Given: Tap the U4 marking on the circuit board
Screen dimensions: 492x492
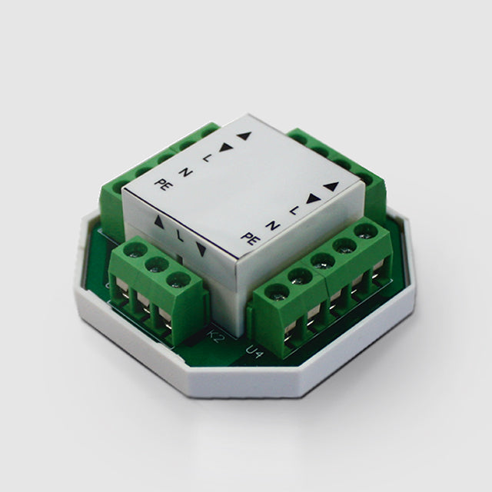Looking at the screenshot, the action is [x=253, y=352].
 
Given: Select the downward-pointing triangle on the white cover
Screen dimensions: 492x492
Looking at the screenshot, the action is [x=201, y=249].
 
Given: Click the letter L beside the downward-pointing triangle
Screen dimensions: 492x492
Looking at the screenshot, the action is [x=179, y=236].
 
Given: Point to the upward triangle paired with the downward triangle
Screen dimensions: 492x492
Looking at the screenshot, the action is [x=159, y=222].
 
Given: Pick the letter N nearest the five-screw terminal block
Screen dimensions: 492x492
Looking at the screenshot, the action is [x=273, y=225].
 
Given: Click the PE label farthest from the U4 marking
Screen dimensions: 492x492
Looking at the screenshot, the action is [x=164, y=184].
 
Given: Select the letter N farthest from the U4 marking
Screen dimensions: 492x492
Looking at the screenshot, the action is [x=186, y=172].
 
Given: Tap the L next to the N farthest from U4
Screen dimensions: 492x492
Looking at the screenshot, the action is [x=206, y=158].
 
